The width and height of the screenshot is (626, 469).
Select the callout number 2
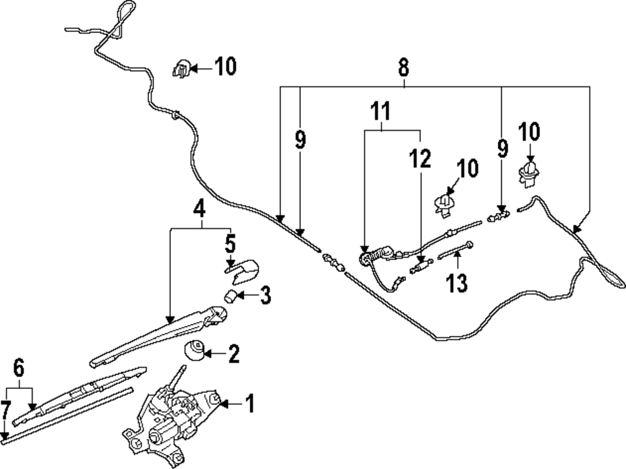[x=233, y=355]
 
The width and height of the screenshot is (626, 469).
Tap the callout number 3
[x=265, y=295]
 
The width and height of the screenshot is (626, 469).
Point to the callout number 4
[x=198, y=209]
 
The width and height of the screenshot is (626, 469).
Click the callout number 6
[x=19, y=368]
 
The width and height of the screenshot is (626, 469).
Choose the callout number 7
[x=5, y=411]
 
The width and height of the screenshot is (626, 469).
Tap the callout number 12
[x=420, y=160]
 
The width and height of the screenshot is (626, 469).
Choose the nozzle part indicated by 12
[x=419, y=268]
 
